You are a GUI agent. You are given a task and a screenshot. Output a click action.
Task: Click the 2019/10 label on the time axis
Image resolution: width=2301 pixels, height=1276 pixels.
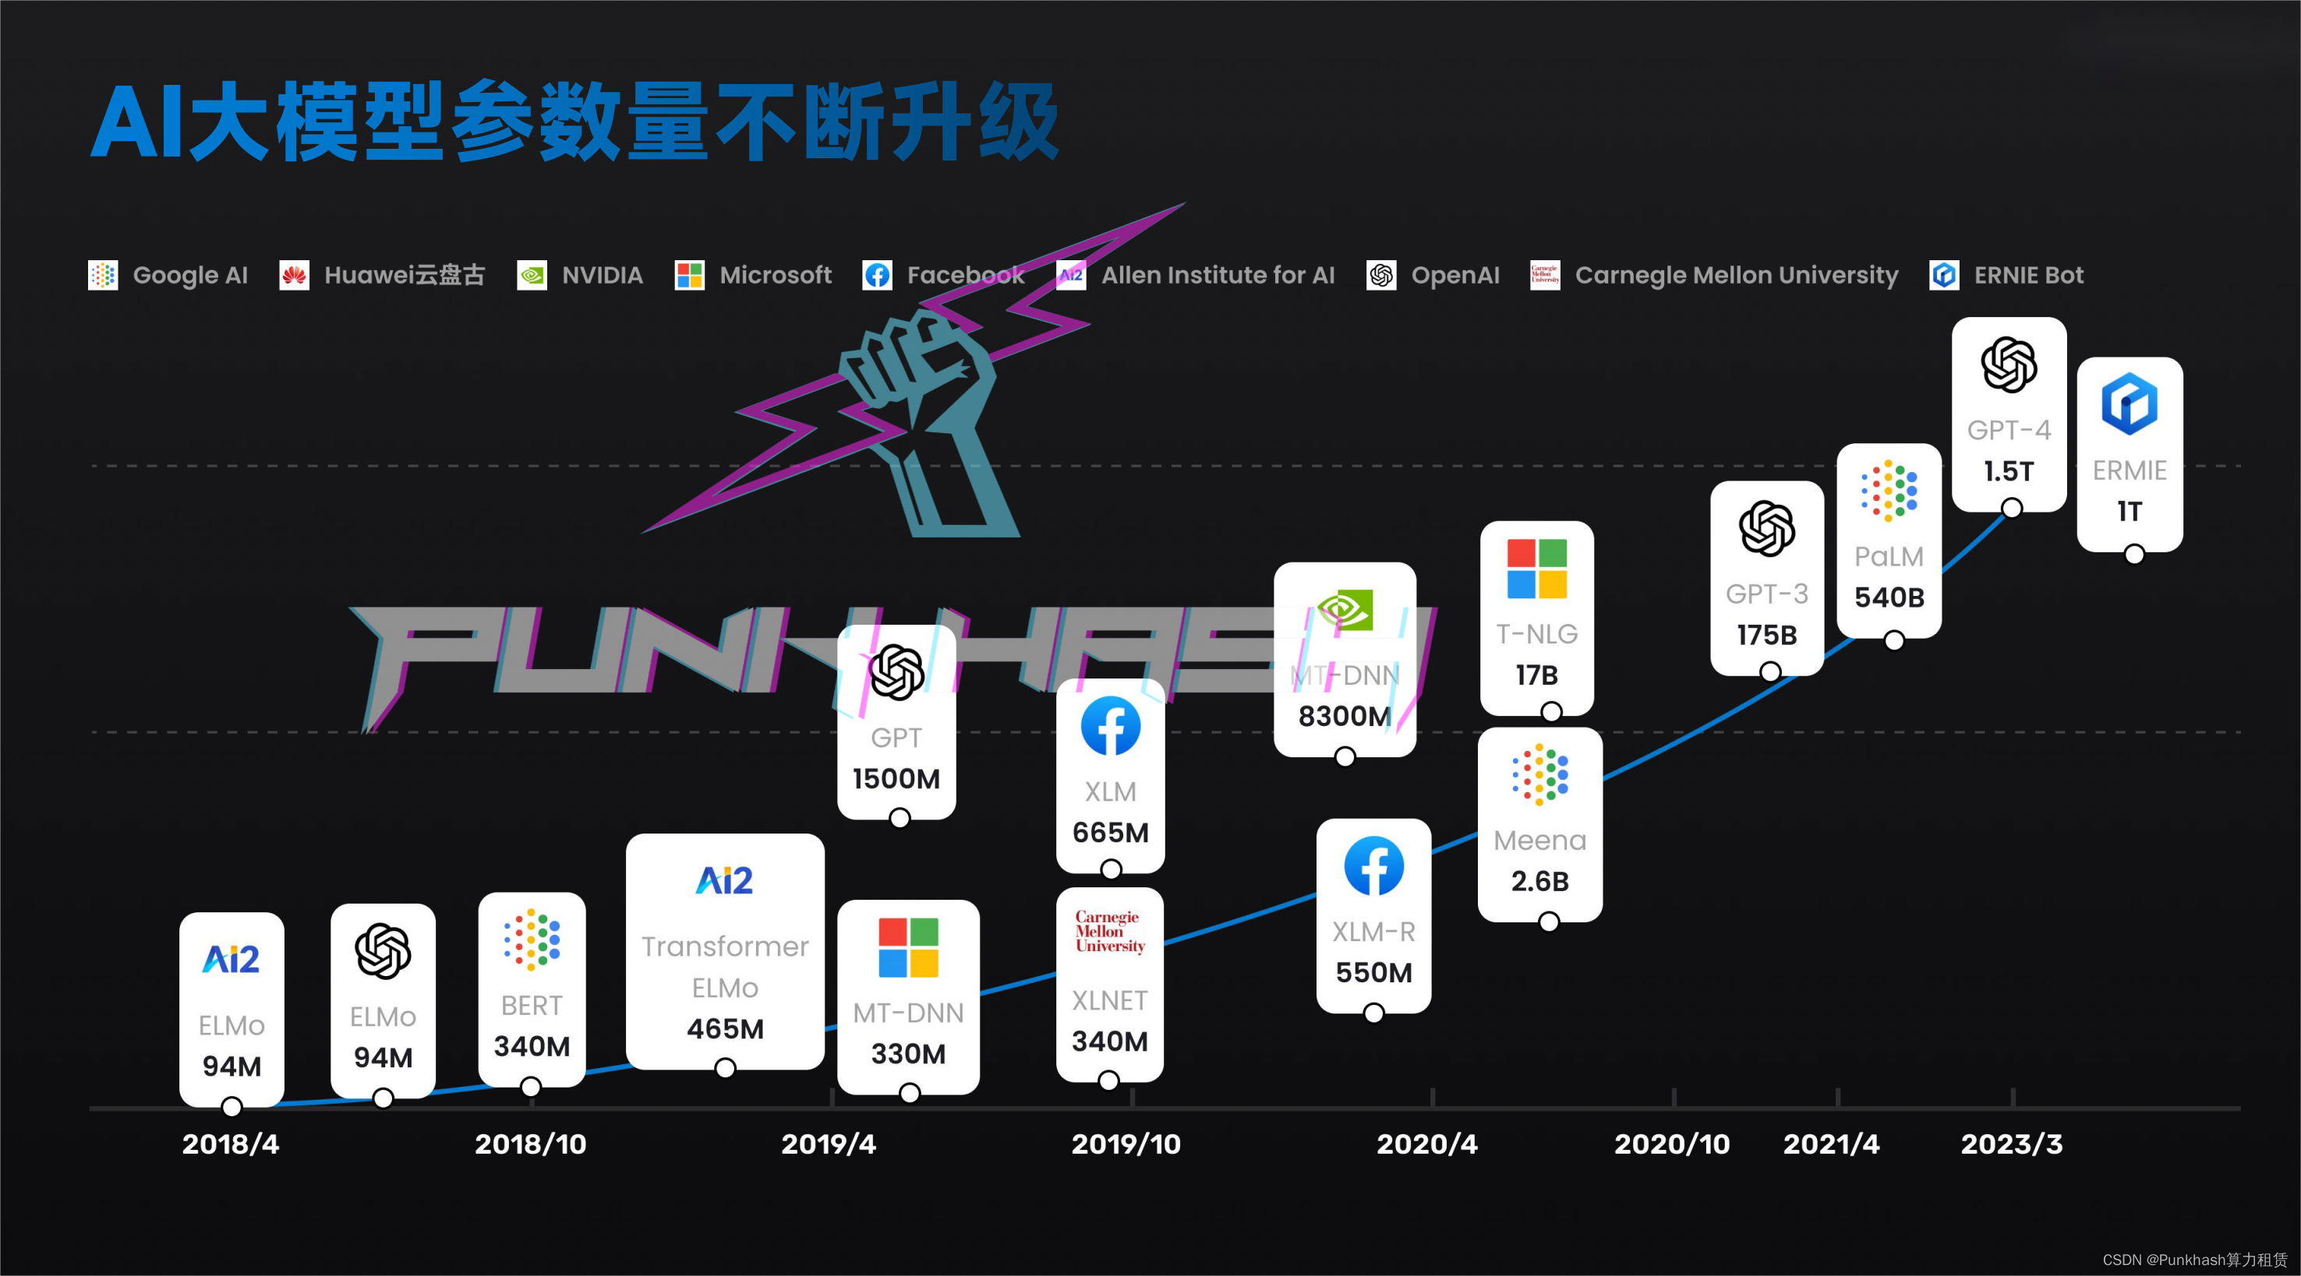1126,1144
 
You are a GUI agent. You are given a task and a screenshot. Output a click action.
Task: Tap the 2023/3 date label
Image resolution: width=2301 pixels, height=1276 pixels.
2012,1144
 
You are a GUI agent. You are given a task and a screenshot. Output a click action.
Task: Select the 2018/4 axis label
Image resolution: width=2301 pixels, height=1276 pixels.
231,1144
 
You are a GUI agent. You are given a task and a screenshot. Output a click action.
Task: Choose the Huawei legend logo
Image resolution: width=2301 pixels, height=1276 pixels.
294,275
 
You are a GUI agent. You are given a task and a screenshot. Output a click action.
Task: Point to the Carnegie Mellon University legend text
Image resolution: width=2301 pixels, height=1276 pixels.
1736,275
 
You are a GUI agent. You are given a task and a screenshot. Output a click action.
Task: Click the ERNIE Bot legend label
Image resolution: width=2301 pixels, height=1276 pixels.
2027,275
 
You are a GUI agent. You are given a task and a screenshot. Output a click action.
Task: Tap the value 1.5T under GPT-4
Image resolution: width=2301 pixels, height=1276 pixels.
2009,471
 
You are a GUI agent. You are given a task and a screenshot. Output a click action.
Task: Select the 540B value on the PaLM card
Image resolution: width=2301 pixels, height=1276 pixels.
1889,597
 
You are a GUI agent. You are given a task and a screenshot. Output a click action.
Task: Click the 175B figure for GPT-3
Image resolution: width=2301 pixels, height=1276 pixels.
1766,635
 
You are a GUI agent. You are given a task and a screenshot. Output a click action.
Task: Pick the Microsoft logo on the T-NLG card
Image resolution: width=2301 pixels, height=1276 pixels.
1536,569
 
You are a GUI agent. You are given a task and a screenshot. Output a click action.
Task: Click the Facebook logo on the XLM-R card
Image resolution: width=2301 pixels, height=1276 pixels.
1373,866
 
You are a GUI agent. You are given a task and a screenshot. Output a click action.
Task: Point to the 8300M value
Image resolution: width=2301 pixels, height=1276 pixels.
1345,716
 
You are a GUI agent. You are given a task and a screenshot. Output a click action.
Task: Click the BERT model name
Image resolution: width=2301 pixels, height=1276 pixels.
532,1006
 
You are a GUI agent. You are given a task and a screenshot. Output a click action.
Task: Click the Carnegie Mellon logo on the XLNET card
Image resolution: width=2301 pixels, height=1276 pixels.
1109,932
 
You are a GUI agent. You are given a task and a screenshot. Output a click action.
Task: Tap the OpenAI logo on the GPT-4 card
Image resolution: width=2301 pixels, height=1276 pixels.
2009,365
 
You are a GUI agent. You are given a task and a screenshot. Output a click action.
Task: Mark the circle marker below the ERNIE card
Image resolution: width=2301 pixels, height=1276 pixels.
2134,555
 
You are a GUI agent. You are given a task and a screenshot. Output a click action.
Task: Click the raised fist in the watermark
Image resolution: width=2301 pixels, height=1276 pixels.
911,375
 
